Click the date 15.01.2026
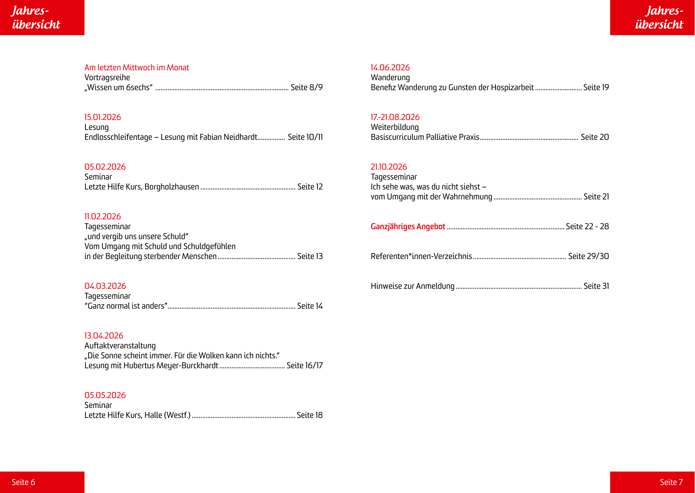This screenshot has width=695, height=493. click(103, 117)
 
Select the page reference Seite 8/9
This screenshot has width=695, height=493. click(306, 87)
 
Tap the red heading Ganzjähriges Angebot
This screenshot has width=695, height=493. click(408, 226)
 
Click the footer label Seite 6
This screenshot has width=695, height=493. click(23, 482)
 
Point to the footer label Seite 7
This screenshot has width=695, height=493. click(671, 482)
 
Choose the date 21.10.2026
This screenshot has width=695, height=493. click(389, 167)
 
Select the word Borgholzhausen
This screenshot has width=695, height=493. click(172, 187)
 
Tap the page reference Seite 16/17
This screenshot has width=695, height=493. click(304, 365)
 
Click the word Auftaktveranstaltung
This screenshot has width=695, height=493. click(120, 346)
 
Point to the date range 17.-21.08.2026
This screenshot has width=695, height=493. click(395, 117)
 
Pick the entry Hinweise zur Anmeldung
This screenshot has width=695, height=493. click(412, 286)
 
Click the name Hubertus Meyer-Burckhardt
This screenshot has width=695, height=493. click(171, 365)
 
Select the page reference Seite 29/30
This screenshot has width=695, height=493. click(588, 256)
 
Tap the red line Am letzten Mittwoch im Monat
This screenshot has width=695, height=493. click(137, 68)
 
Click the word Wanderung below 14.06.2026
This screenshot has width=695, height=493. click(390, 77)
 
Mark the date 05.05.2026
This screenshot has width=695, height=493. click(105, 395)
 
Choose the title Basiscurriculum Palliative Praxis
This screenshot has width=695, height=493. click(425, 137)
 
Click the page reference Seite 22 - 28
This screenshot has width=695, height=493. click(587, 226)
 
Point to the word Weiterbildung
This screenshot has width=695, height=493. click(395, 127)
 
